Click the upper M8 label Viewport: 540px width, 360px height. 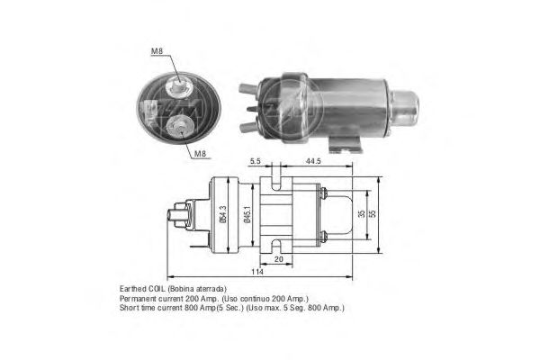157,51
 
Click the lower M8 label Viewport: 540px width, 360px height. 200,154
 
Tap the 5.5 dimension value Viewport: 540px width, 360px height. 256,161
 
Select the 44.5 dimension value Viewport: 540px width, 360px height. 313,161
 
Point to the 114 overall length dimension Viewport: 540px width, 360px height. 256,272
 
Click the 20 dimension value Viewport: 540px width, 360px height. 278,259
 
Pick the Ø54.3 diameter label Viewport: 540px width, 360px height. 223,214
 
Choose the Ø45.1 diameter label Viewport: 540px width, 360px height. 247,214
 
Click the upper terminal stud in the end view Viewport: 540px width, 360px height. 178,85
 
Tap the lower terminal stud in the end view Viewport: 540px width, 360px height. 179,126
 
